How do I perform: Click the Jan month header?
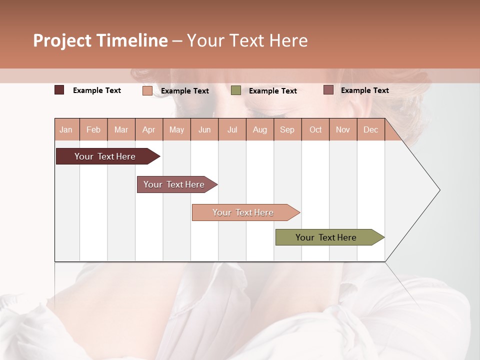[66, 129]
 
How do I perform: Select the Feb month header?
[93, 129]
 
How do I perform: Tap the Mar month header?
[121, 129]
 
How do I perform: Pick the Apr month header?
[148, 129]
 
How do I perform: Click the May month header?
[176, 129]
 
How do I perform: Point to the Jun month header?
[204, 129]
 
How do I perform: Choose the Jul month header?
[232, 129]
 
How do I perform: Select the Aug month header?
[259, 129]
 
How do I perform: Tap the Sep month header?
[287, 129]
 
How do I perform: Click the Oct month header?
[315, 129]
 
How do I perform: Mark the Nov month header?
[343, 129]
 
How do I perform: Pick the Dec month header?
[370, 129]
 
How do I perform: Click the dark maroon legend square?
[59, 90]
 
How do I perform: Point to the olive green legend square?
[236, 90]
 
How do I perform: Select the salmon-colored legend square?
[147, 90]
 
